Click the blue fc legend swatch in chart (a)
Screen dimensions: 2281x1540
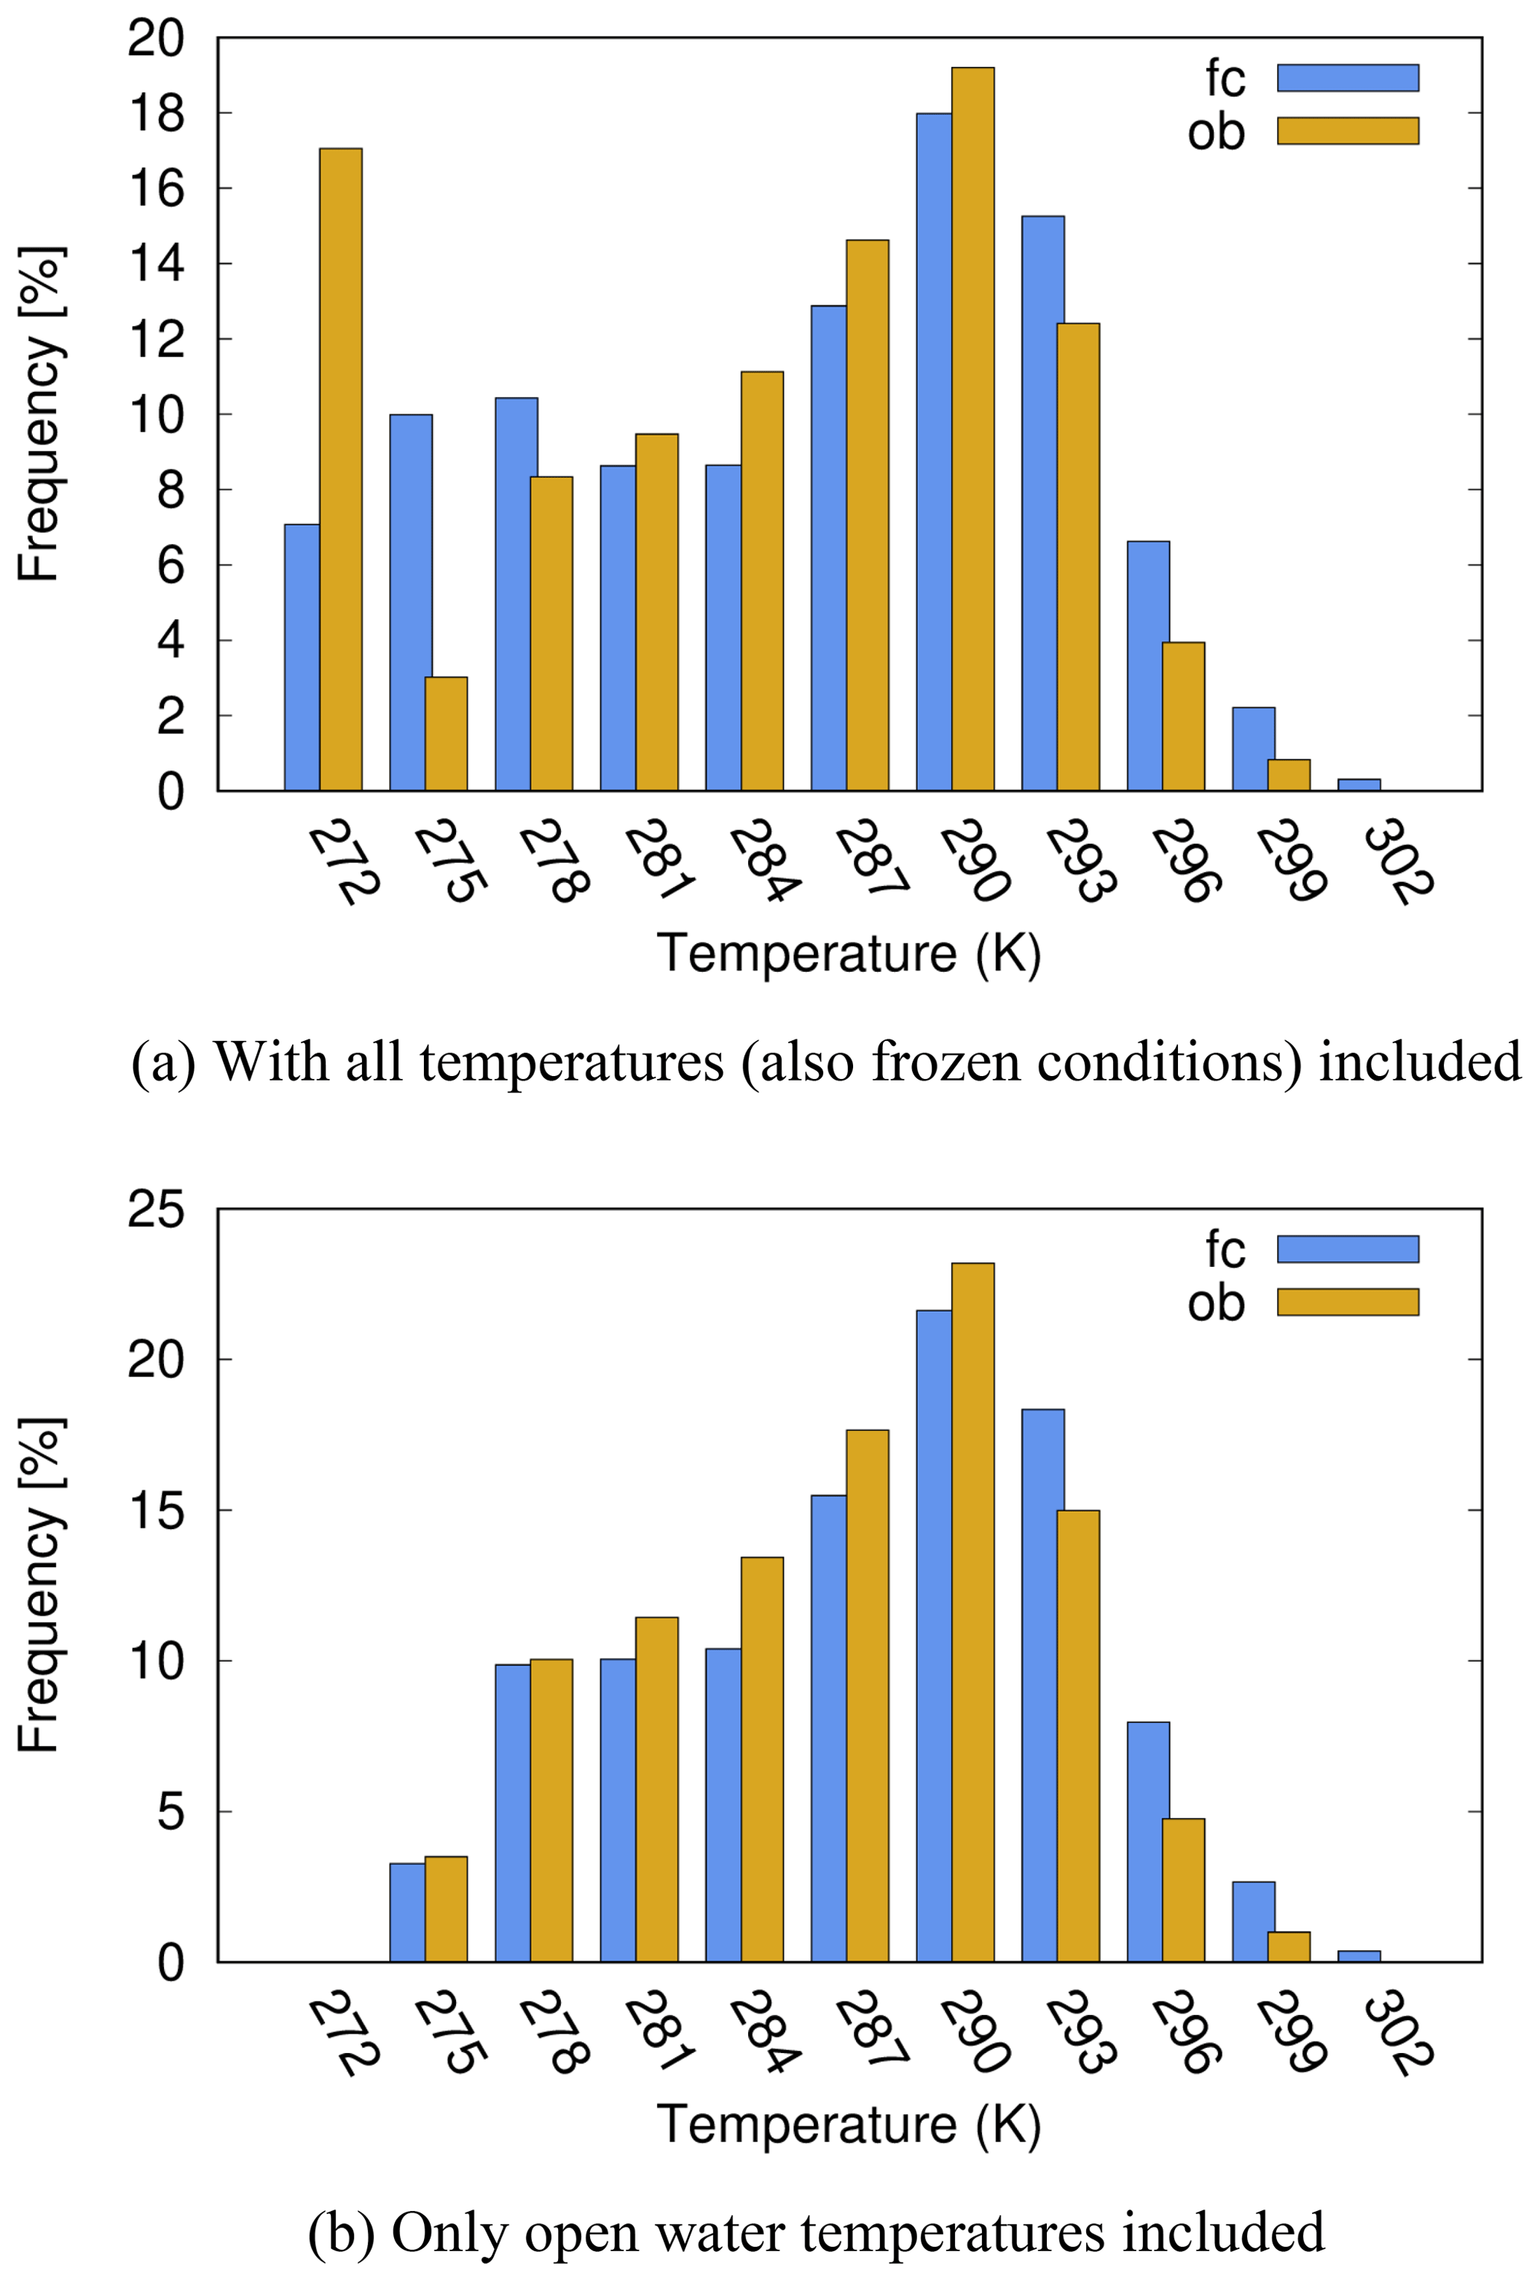[x=1348, y=77]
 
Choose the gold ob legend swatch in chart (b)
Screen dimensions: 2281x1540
[x=1348, y=1303]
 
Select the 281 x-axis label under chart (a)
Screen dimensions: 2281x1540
[x=659, y=861]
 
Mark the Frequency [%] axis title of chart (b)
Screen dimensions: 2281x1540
[x=41, y=1585]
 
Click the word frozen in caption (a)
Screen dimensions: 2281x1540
[x=946, y=1062]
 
